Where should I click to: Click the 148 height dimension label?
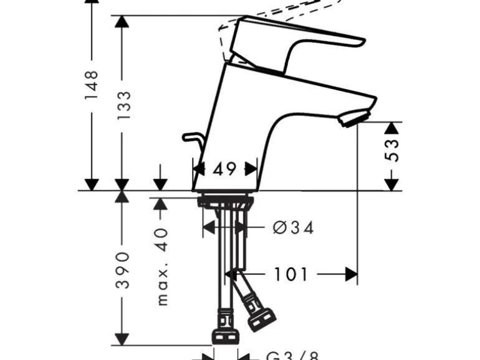(x=92, y=85)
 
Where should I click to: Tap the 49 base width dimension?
(x=224, y=168)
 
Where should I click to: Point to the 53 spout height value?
(x=393, y=150)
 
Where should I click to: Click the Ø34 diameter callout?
(x=293, y=228)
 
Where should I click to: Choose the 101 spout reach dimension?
(x=290, y=274)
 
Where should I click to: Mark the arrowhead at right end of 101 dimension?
(x=352, y=274)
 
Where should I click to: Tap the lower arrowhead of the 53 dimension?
(x=391, y=184)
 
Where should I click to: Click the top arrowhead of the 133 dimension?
(x=123, y=21)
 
